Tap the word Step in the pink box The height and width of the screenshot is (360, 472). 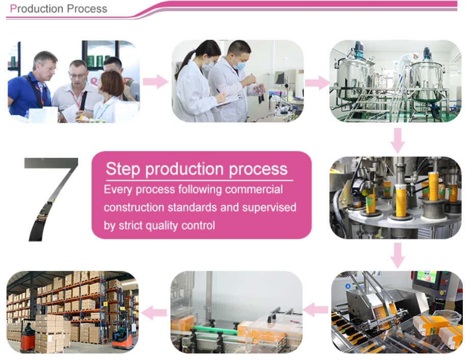click(123, 169)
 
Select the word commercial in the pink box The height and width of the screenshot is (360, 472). click(254, 189)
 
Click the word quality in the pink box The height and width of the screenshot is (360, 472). click(162, 226)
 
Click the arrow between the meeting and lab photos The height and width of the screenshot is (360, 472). click(155, 81)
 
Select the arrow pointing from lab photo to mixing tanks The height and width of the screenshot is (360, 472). click(317, 82)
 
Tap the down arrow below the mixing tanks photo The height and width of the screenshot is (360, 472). click(398, 141)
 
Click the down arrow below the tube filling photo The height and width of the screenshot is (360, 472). click(398, 255)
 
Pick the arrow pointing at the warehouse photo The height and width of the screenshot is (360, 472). click(154, 313)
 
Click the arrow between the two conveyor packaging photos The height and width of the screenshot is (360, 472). click(316, 310)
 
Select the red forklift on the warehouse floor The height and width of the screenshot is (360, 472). click(28, 341)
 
